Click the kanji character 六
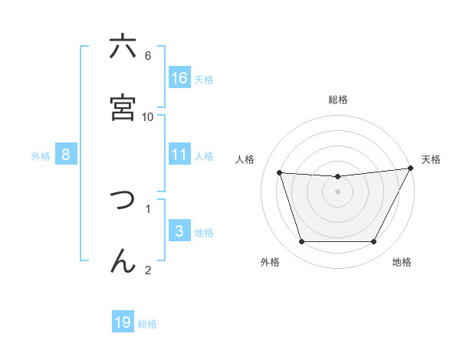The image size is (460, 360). [x=123, y=47]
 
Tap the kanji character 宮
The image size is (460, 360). [x=123, y=108]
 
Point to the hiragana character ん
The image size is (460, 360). [x=123, y=260]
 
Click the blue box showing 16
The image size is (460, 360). [x=179, y=78]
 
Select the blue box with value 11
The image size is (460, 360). [x=179, y=155]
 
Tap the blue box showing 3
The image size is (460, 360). [x=179, y=231]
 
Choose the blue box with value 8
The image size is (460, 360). [x=66, y=155]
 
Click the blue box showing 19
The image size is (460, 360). [x=123, y=322]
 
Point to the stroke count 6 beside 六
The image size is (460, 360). [x=148, y=55]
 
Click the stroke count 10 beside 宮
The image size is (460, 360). [x=148, y=116]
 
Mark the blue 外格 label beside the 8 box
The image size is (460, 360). [x=41, y=155]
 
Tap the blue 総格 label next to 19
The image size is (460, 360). [x=147, y=324]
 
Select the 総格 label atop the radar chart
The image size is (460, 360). [x=338, y=100]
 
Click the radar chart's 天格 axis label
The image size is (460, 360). [x=431, y=159]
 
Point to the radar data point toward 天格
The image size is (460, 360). [x=412, y=169]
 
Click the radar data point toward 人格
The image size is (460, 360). [x=280, y=173]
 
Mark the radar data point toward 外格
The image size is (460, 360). [x=301, y=242]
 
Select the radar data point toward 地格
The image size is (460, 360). [x=373, y=242]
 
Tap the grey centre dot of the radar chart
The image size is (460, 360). [x=337, y=191]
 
